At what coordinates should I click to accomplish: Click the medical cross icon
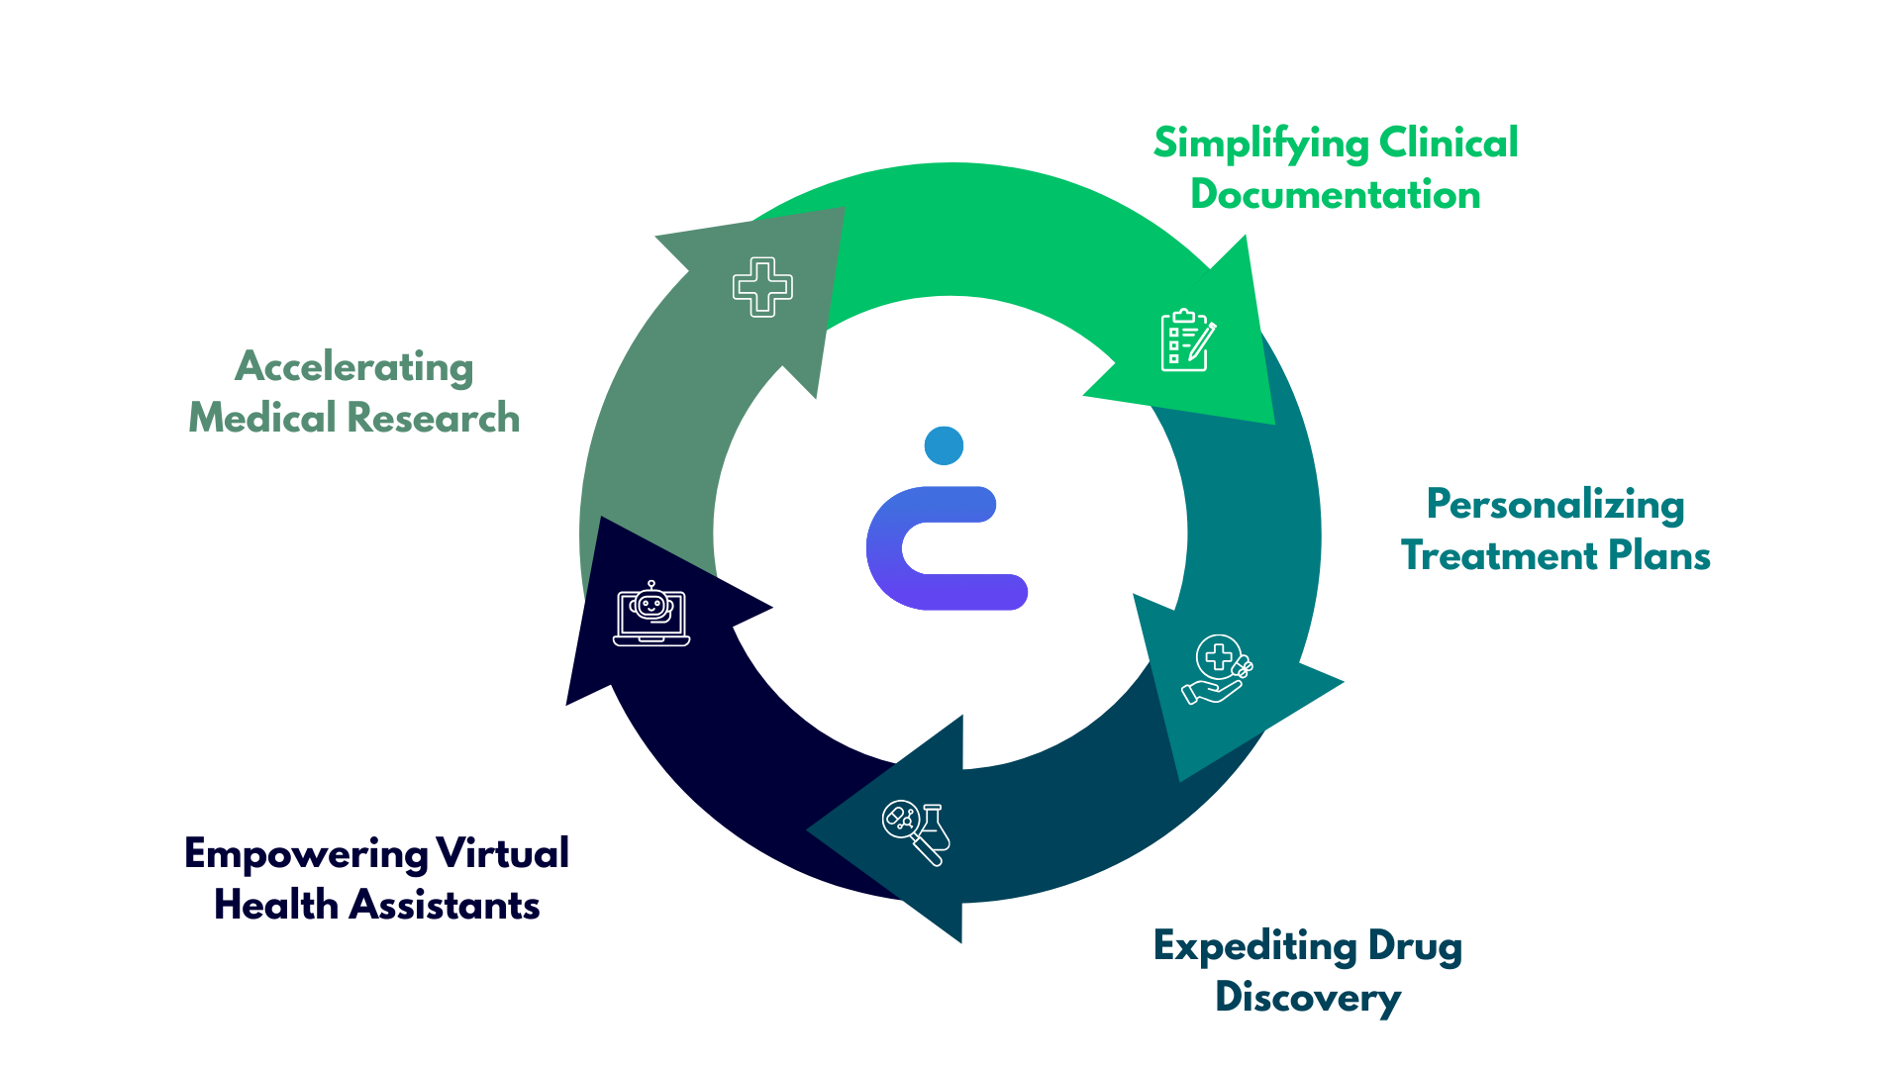pos(762,287)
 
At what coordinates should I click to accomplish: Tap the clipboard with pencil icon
pos(1187,340)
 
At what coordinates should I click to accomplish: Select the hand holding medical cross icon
pos(1217,669)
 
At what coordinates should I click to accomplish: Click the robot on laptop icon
pos(651,615)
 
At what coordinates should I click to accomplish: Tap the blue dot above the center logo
pos(944,445)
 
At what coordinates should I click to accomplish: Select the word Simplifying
pos(1259,145)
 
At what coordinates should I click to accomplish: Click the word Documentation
pos(1336,195)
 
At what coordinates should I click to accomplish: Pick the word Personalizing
pos(1555,505)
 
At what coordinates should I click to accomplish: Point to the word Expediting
pos(1254,946)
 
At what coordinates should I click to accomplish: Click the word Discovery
pos(1308,998)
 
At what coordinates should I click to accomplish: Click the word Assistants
pos(445,906)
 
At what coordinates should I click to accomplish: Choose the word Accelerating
pos(354,367)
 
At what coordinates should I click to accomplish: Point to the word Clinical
pos(1449,144)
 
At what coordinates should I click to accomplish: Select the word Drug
pos(1415,946)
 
